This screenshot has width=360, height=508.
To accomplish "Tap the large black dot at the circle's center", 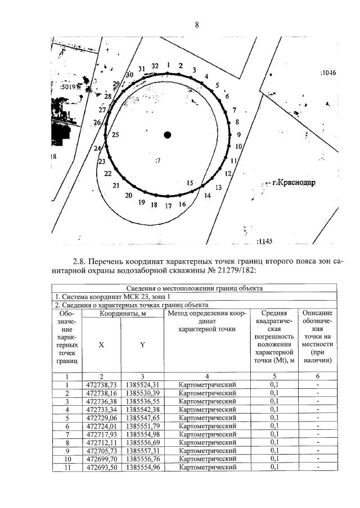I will click(x=167, y=134).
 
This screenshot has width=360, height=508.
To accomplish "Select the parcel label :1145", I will click(x=264, y=241).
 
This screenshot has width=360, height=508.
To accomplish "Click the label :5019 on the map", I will click(x=68, y=87).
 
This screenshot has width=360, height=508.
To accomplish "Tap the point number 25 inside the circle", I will click(x=115, y=135).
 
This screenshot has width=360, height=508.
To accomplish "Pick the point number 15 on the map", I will click(x=190, y=183).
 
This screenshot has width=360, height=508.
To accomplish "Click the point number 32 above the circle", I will click(x=155, y=66).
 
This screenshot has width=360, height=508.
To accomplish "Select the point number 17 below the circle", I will click(x=168, y=206).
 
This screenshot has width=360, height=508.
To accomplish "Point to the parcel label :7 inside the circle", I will click(x=158, y=161).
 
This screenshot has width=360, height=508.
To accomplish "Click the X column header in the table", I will click(x=101, y=345).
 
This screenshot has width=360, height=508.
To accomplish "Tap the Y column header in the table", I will click(x=142, y=345).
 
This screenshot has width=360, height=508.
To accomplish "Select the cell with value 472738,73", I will click(x=101, y=384).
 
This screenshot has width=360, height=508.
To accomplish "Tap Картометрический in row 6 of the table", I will click(x=206, y=426).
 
